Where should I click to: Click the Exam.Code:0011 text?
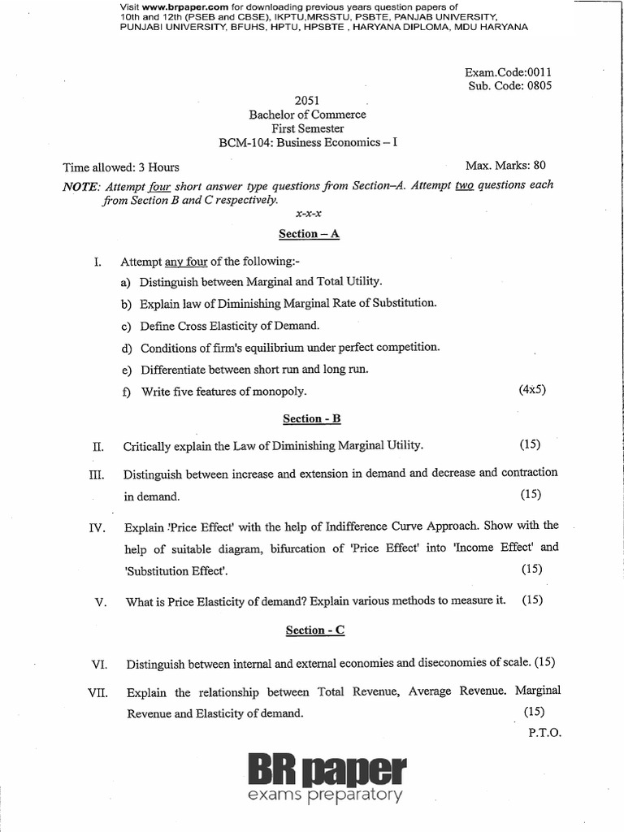pos(508,71)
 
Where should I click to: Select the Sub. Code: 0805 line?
pos(510,86)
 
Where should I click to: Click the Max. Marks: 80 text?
pos(510,166)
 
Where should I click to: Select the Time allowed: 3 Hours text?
pos(121,167)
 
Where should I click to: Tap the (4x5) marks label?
pos(532,389)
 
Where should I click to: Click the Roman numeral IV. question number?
pos(97,528)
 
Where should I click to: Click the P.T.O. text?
pos(544,731)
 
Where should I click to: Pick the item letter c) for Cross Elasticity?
pos(126,326)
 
